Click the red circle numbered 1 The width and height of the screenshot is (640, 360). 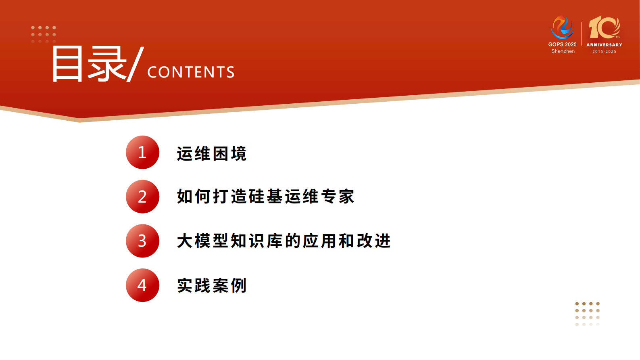click(142, 152)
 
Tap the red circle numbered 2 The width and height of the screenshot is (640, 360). click(142, 197)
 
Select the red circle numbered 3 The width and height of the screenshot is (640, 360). click(142, 241)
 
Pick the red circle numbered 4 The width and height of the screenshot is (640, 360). click(142, 285)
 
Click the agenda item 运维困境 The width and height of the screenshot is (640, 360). click(211, 153)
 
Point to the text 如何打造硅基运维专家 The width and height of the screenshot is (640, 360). click(265, 197)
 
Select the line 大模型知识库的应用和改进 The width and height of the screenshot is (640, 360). click(284, 241)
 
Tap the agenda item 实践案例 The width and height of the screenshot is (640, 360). click(211, 285)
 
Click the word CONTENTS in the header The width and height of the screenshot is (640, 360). click(191, 72)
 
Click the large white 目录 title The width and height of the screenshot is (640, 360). click(89, 64)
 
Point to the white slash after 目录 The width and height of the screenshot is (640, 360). click(135, 64)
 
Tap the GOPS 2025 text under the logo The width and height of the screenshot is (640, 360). click(562, 44)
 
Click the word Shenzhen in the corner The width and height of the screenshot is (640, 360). click(563, 51)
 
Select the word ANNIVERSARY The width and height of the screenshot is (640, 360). click(604, 45)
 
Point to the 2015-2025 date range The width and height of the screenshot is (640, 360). click(604, 52)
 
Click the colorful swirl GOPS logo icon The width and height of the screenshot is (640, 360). click(562, 27)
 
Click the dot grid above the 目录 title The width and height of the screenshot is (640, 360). click(44, 35)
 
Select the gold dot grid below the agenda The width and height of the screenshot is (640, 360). click(588, 314)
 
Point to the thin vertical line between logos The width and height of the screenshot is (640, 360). click(582, 34)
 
